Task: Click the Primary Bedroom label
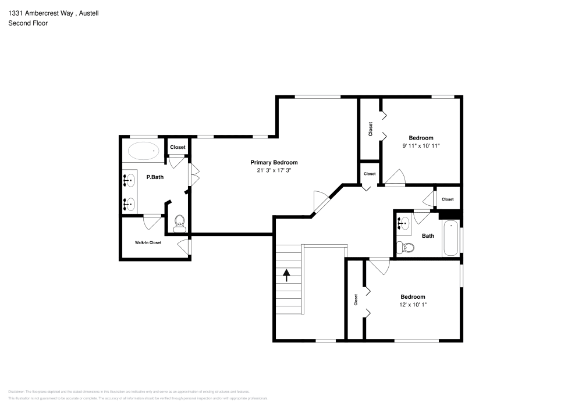click(274, 163)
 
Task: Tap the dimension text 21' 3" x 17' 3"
click(274, 171)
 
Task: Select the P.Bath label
click(154, 177)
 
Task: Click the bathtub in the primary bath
click(143, 151)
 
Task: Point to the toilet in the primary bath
click(179, 221)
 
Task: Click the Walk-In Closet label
click(148, 242)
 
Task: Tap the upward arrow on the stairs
click(286, 275)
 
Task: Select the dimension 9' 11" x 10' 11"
click(420, 146)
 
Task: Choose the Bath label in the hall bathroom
click(428, 236)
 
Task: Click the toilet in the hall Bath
click(406, 248)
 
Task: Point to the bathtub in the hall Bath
click(450, 238)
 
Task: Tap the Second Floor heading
click(28, 23)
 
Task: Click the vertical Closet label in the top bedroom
click(370, 129)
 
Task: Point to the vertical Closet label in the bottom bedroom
click(356, 300)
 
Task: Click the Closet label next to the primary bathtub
click(178, 148)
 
